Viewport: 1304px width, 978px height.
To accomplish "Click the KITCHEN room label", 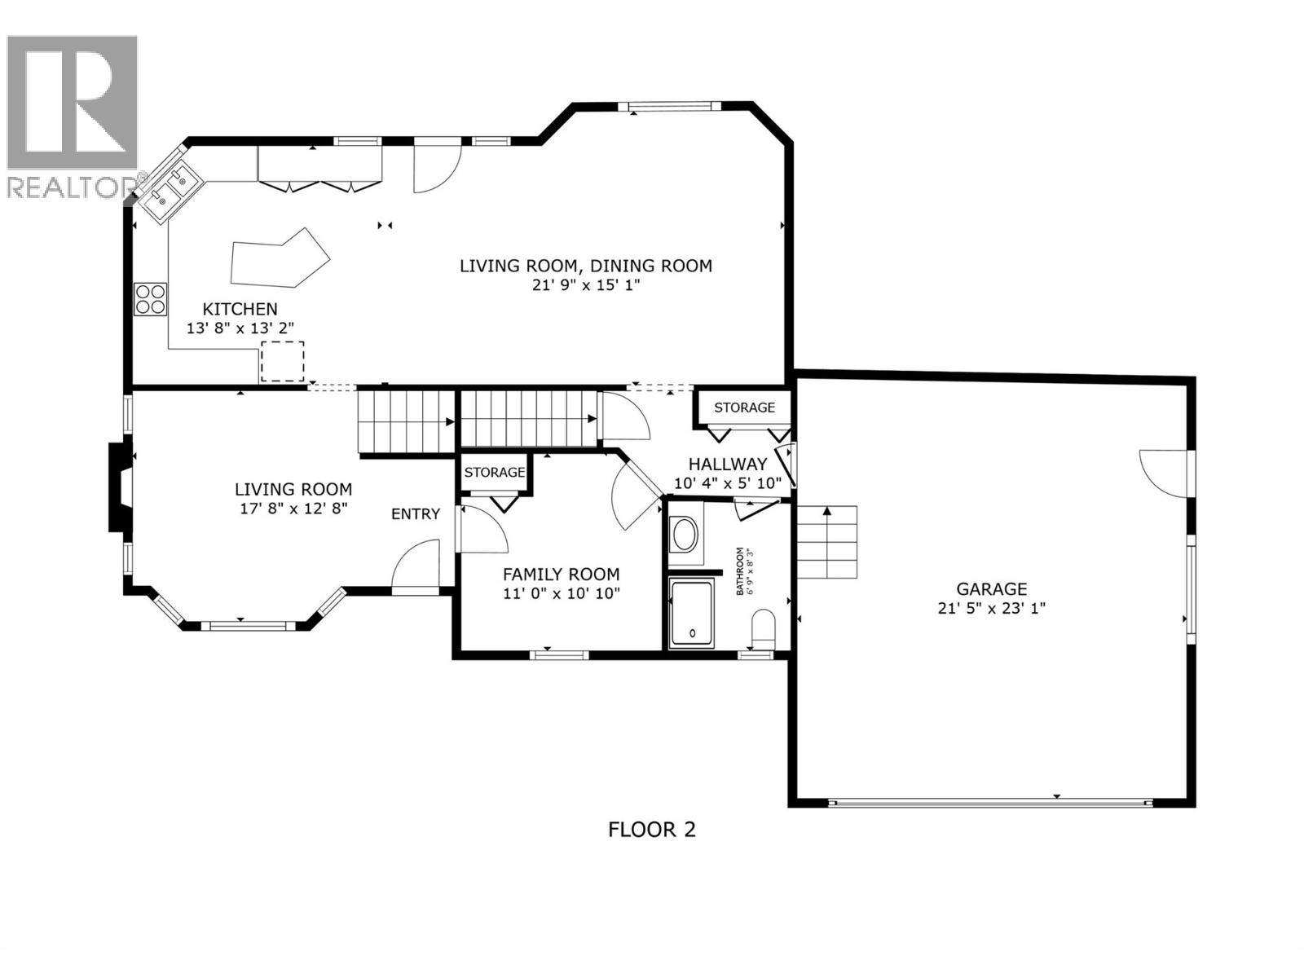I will [x=240, y=309].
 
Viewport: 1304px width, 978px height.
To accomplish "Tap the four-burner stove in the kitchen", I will [x=151, y=298].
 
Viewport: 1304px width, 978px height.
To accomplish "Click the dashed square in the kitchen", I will [x=282, y=362].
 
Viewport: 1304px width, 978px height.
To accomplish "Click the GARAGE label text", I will [x=991, y=588].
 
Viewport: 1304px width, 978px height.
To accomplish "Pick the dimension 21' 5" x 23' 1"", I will [x=991, y=608].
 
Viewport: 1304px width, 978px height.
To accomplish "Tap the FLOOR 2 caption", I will [x=652, y=830].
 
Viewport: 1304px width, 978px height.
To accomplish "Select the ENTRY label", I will [x=416, y=514].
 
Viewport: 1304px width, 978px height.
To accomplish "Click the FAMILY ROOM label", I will [x=561, y=574].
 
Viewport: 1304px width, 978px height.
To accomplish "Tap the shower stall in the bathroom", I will [x=691, y=614].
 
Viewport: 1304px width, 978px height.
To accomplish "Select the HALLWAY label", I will [x=727, y=464].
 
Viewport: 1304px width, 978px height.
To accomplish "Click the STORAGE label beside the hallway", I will [x=744, y=407].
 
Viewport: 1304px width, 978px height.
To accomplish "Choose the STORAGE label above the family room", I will [x=495, y=473].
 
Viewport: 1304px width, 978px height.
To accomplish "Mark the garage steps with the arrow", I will [x=827, y=542].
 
